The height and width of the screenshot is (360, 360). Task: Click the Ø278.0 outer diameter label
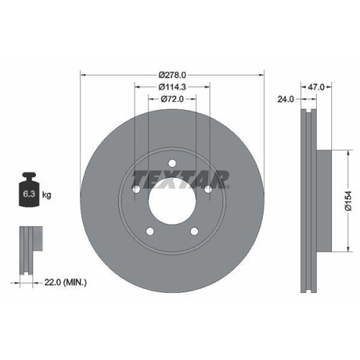pos(173,73)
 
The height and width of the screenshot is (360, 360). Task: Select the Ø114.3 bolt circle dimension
pos(173,86)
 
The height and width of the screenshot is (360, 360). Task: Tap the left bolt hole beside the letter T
pos(136,189)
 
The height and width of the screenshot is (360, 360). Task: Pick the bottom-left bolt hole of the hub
pos(150,231)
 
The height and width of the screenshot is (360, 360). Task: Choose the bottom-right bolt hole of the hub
pos(194,231)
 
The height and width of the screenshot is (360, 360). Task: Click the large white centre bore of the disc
pos(172,202)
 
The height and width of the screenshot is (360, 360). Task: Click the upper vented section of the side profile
pos(310,130)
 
